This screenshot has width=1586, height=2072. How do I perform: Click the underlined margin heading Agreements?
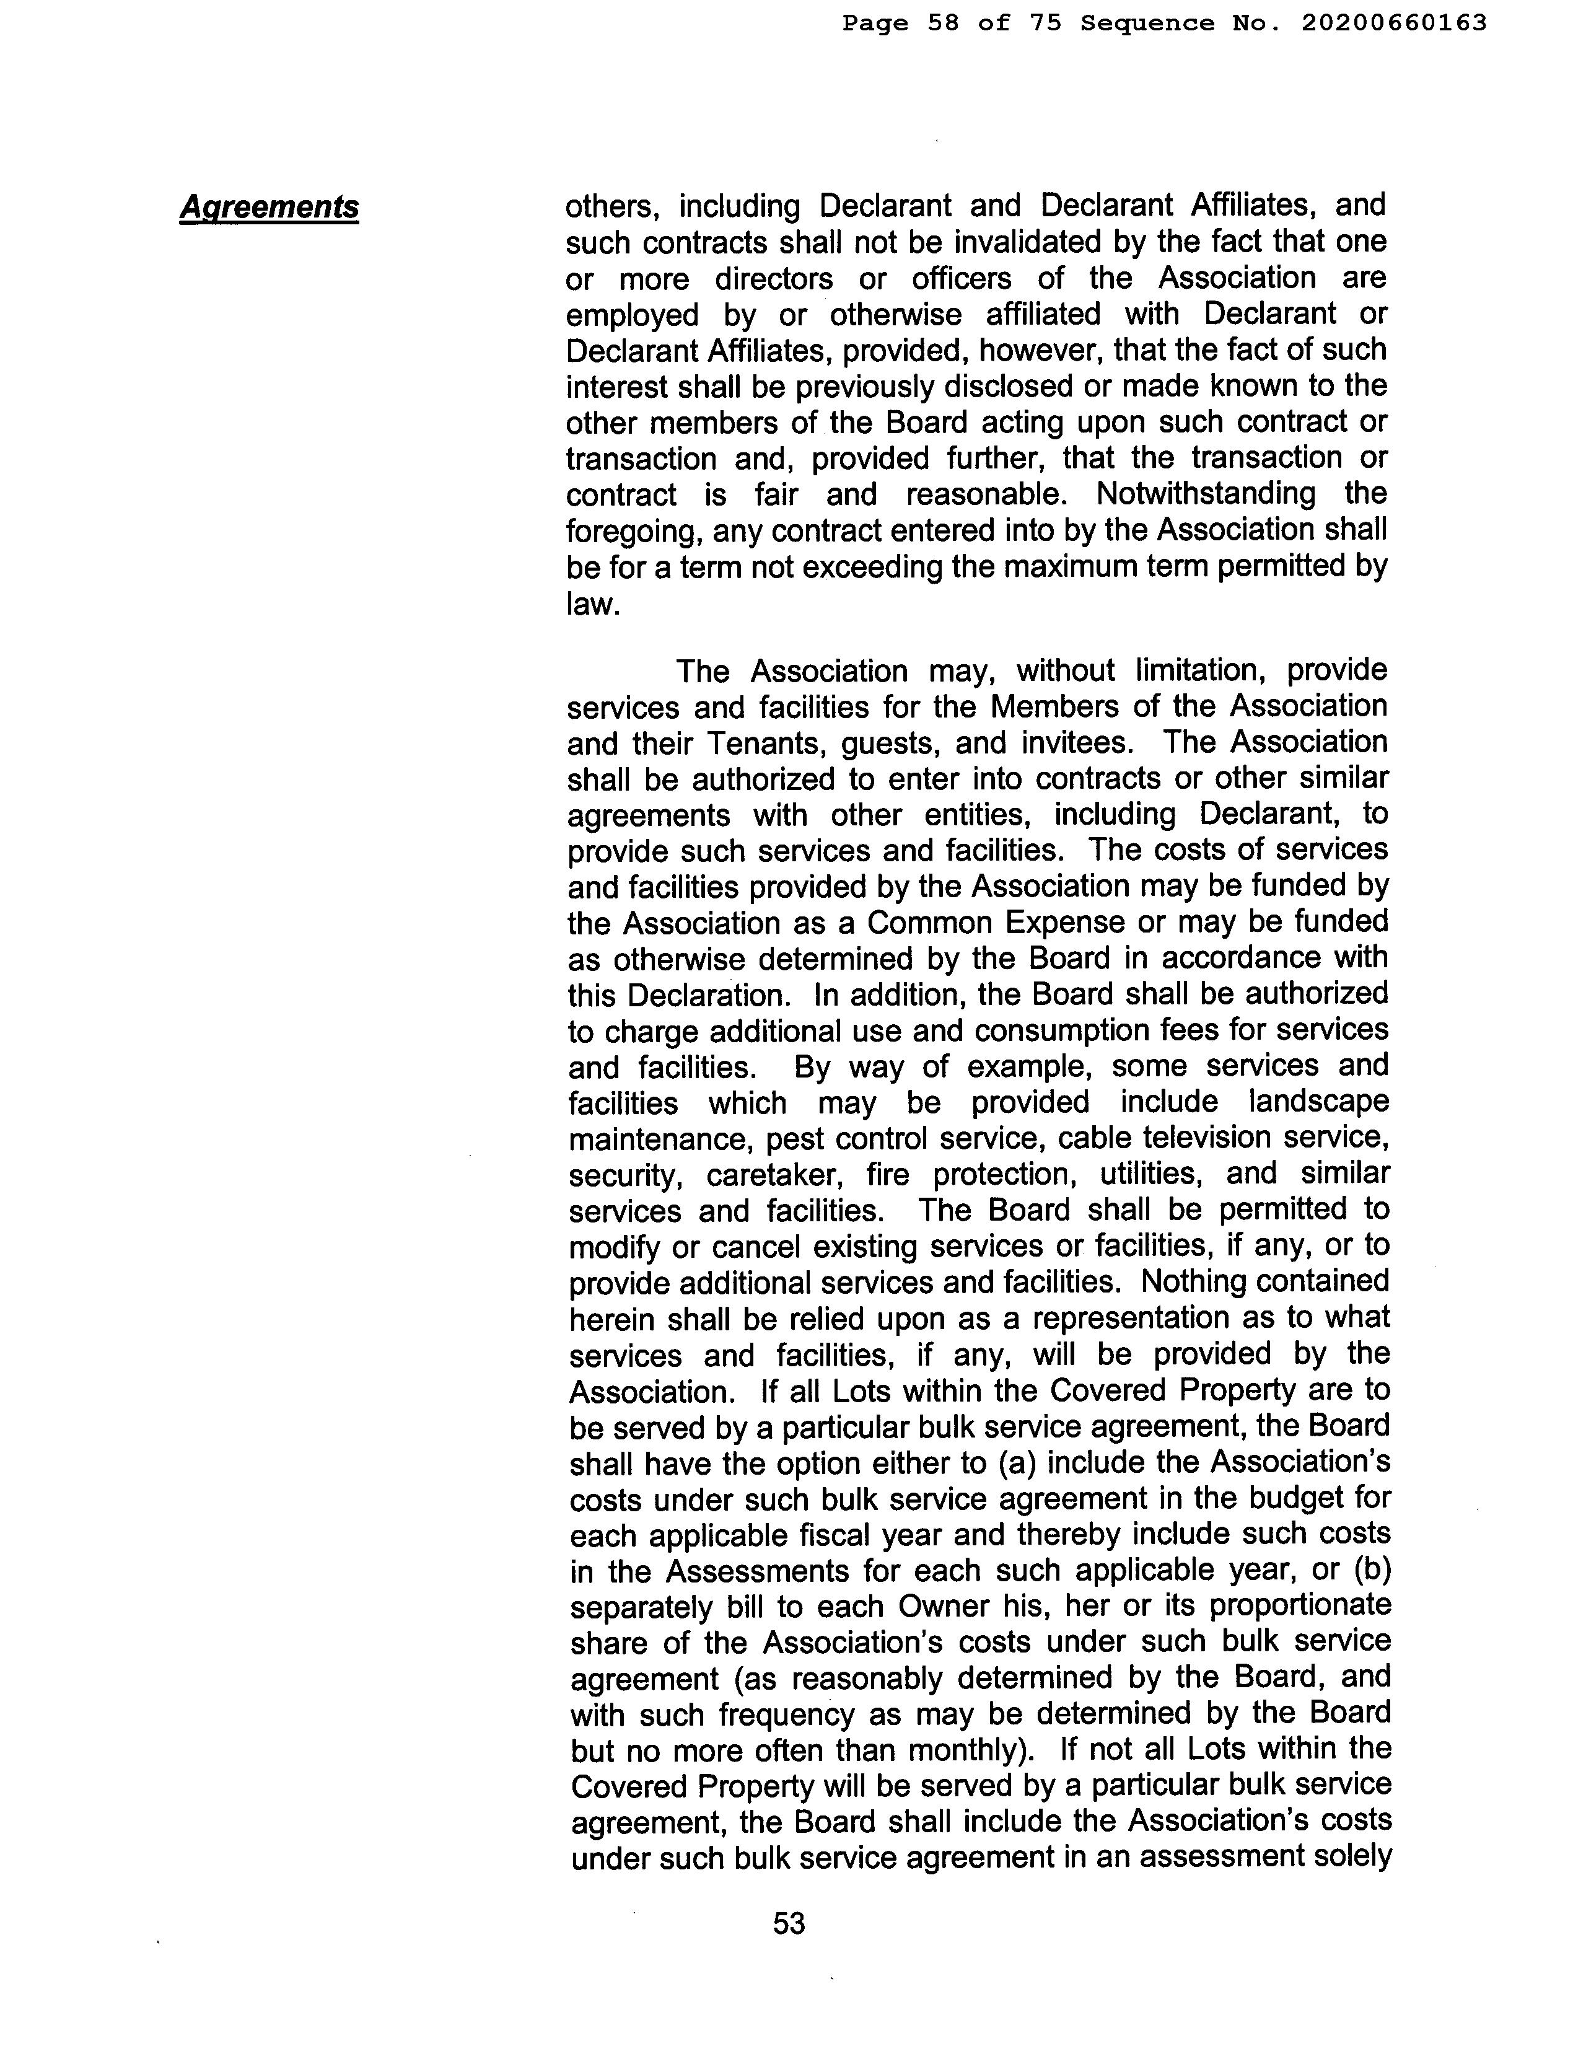[269, 207]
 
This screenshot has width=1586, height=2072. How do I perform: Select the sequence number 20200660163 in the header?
[1393, 23]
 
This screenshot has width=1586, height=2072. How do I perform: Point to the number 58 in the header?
[943, 23]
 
